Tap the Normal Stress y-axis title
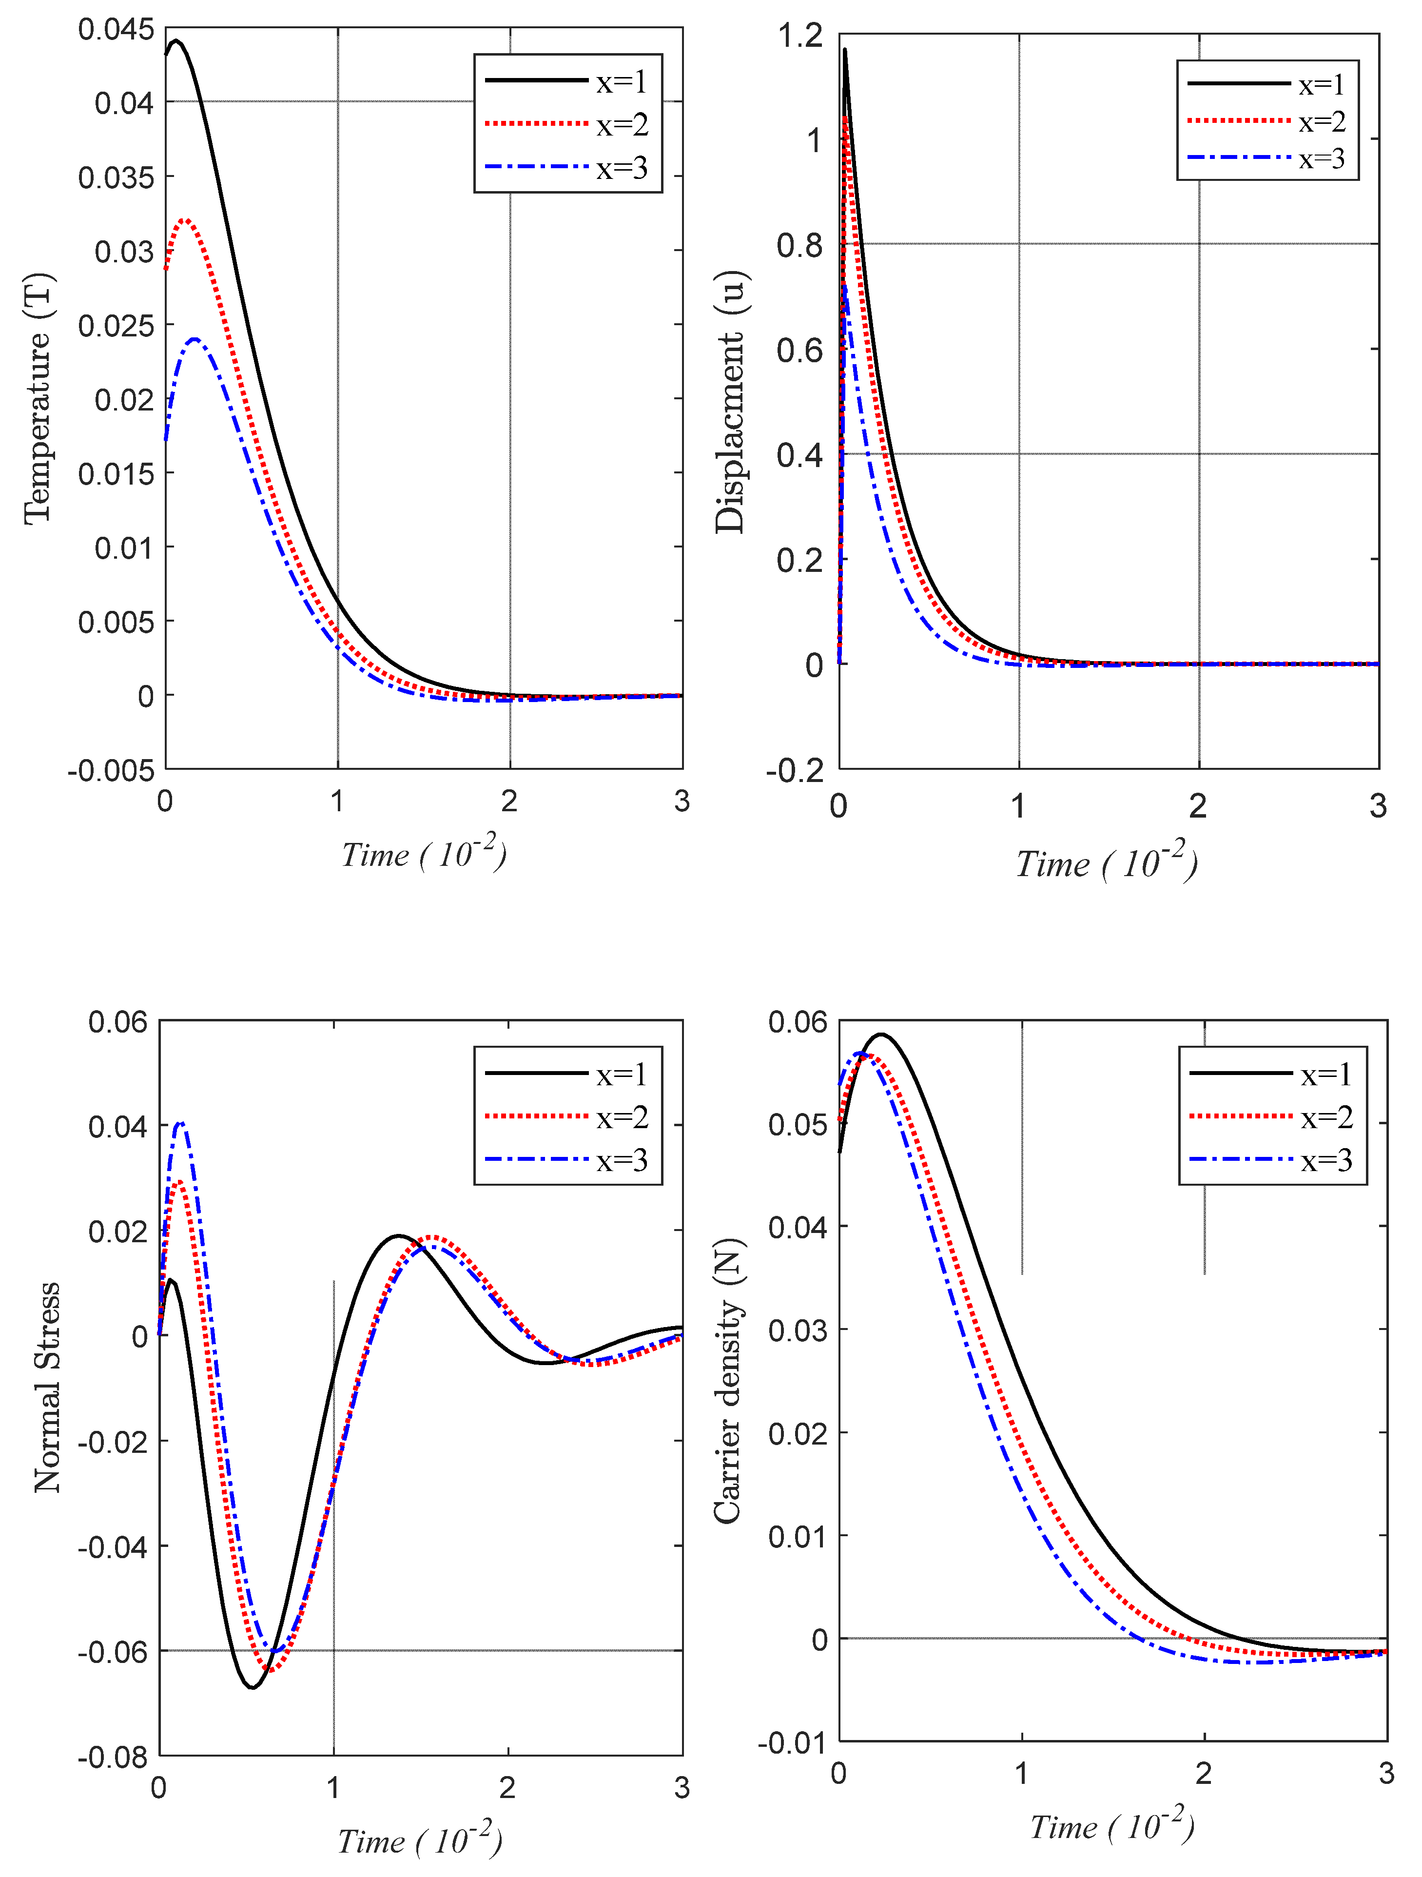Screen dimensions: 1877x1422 [47, 1388]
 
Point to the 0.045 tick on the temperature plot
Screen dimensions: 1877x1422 [116, 30]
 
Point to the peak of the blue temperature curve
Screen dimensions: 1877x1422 [195, 339]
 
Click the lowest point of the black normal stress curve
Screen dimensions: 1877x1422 [252, 1687]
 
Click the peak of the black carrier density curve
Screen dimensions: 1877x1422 [881, 1035]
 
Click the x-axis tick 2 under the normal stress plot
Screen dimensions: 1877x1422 [507, 1788]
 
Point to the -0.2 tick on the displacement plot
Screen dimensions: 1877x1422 [795, 770]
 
